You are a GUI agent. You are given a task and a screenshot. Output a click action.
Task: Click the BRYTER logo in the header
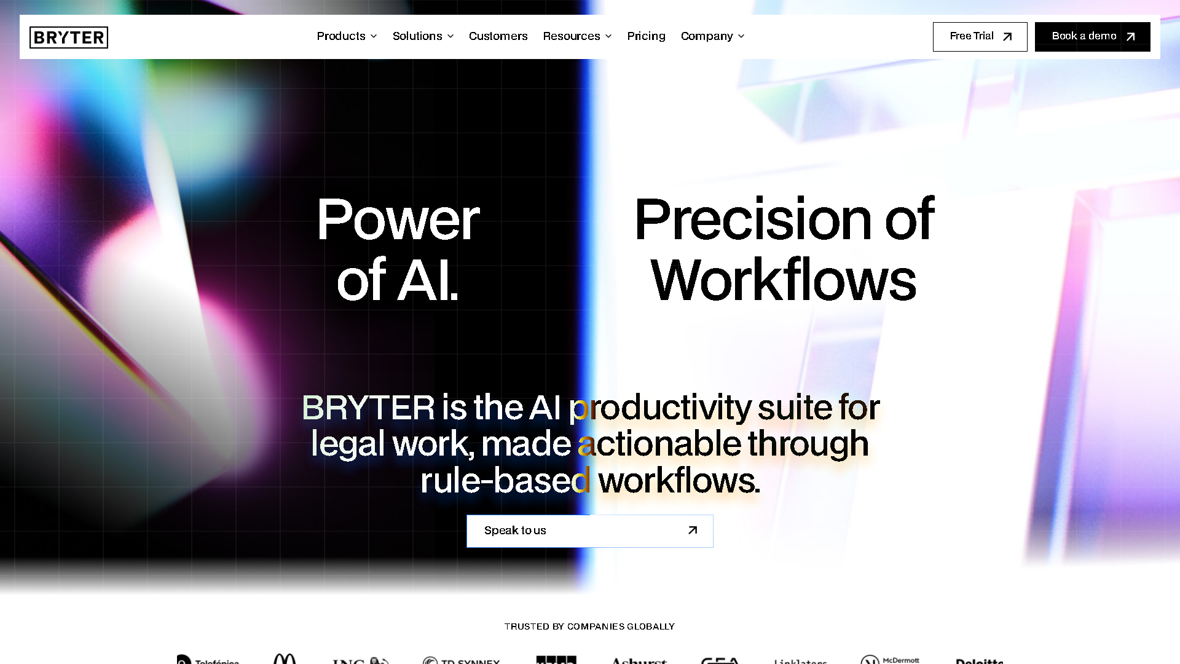tap(69, 38)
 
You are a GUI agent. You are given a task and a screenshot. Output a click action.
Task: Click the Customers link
tap(498, 36)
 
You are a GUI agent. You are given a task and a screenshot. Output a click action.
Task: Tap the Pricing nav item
tap(646, 36)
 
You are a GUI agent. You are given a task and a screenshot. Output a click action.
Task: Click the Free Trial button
tap(980, 37)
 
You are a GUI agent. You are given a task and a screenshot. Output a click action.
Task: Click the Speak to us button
tap(589, 531)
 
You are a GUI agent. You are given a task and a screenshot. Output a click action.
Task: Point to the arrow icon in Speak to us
tap(693, 530)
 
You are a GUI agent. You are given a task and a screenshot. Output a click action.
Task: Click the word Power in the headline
tap(398, 219)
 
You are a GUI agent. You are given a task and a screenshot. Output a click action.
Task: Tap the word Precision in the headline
tap(753, 219)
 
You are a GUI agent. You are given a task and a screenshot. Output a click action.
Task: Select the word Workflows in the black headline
tap(784, 281)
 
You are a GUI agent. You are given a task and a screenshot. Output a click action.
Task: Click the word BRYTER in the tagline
tap(368, 408)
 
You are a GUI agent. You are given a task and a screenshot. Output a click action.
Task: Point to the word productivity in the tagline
tap(660, 408)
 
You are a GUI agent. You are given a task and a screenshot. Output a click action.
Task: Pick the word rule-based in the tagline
tap(505, 480)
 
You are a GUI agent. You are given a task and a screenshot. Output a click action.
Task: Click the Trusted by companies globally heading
tap(589, 626)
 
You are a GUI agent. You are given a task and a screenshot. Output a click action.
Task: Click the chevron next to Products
tap(374, 36)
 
